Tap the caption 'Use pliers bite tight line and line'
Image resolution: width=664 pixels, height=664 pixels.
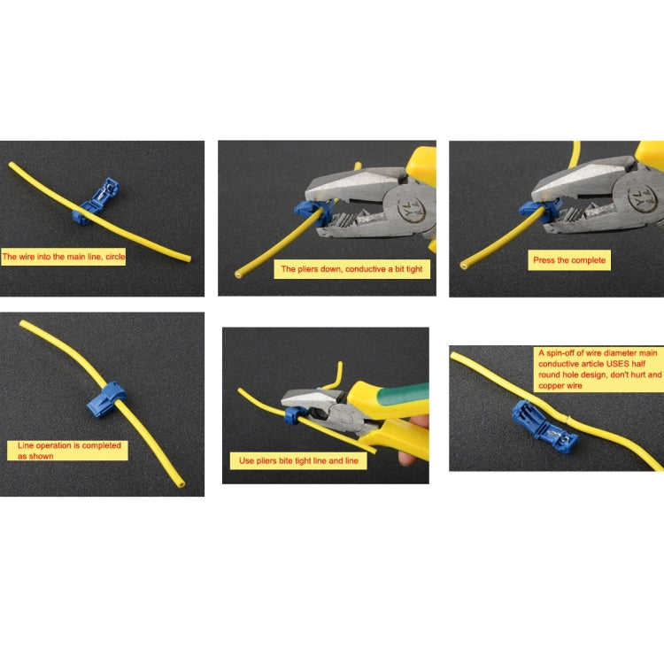pos(298,461)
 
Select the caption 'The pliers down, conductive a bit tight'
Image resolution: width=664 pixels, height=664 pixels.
pos(352,268)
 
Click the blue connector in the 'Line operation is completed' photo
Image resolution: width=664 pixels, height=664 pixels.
pos(105,399)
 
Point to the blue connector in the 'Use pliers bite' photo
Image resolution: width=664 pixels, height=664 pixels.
pos(291,414)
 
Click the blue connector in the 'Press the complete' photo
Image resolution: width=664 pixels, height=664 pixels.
pos(534,211)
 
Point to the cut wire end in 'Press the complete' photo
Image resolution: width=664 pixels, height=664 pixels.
pos(466,265)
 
